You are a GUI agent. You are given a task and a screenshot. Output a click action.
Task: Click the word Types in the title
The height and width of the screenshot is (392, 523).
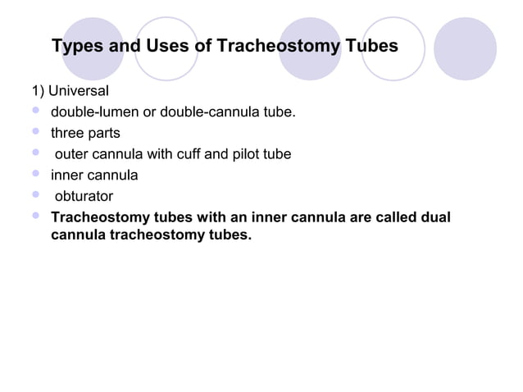pyautogui.click(x=78, y=46)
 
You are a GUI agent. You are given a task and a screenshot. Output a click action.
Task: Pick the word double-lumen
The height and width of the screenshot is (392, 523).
pyautogui.click(x=94, y=112)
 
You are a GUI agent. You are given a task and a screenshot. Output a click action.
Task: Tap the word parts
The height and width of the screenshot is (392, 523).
pyautogui.click(x=105, y=133)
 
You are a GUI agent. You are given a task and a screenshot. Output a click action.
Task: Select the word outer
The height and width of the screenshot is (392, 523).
pyautogui.click(x=72, y=154)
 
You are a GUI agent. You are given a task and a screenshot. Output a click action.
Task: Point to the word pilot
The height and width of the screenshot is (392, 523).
pyautogui.click(x=245, y=154)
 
